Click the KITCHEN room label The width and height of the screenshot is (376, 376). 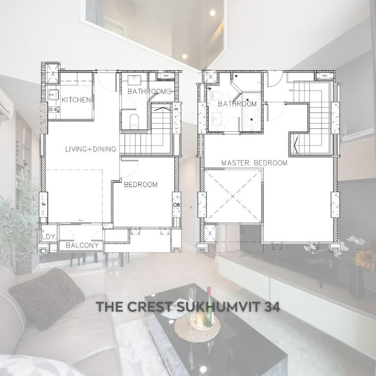(76, 100)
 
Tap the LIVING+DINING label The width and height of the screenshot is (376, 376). (91, 149)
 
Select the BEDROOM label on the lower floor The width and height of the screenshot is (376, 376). (140, 184)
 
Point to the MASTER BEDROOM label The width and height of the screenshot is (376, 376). (254, 163)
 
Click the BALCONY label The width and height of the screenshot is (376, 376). (82, 245)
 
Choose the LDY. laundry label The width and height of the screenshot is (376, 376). (49, 237)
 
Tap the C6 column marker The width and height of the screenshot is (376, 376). (177, 205)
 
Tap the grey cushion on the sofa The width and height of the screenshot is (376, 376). (47, 298)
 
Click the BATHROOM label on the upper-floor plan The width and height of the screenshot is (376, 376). (237, 104)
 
